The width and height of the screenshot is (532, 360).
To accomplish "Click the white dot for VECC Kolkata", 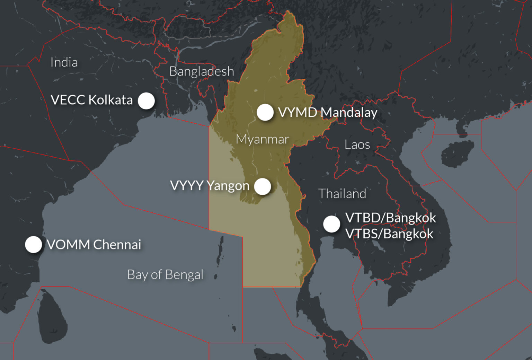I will click(x=146, y=101).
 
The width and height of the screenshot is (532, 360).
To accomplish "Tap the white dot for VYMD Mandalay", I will click(x=265, y=112).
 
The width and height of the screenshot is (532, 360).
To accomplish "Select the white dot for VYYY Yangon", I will click(x=262, y=186).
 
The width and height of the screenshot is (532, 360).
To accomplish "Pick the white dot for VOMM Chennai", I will click(x=34, y=245).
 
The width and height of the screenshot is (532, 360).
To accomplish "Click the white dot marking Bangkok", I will click(x=331, y=224).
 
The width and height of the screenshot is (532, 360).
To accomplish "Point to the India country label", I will click(x=64, y=62).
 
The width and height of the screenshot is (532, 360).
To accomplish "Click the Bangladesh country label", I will click(x=202, y=71).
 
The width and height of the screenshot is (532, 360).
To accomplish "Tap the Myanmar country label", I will click(x=262, y=139).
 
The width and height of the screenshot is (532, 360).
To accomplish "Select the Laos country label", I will click(x=357, y=144).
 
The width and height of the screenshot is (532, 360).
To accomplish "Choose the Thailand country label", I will click(x=342, y=194).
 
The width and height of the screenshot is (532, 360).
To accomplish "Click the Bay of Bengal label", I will click(x=165, y=275).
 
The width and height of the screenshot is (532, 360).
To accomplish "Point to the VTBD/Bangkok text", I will click(x=390, y=218).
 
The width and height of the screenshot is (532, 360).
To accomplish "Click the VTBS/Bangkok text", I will click(x=389, y=234).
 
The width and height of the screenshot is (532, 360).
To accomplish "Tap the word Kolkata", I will click(x=110, y=100).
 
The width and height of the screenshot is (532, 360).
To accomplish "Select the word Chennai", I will click(x=117, y=245).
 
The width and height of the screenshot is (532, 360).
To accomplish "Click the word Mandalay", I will click(x=349, y=113).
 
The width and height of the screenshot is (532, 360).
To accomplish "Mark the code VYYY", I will click(x=187, y=186).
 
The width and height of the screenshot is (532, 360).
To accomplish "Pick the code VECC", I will click(x=68, y=100).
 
